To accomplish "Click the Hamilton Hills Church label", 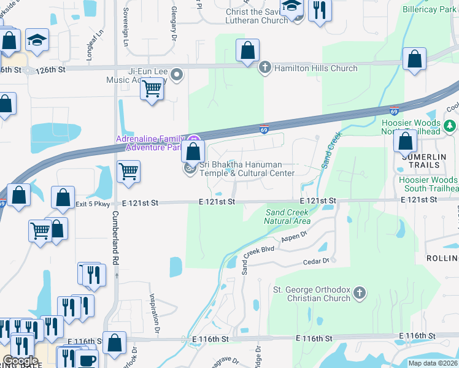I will (314, 68).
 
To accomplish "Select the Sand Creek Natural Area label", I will (287, 217).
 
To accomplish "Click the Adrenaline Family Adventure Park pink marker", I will (194, 138).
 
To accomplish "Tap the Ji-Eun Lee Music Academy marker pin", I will (177, 75).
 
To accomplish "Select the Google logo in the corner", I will (20, 361).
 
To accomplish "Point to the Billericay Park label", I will (428, 10).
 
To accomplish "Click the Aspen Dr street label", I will (295, 236).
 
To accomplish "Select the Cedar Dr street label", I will (317, 261).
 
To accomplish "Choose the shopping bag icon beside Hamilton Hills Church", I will (247, 51).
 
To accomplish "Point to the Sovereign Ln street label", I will (125, 34).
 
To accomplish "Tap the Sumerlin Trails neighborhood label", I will (420, 161).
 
